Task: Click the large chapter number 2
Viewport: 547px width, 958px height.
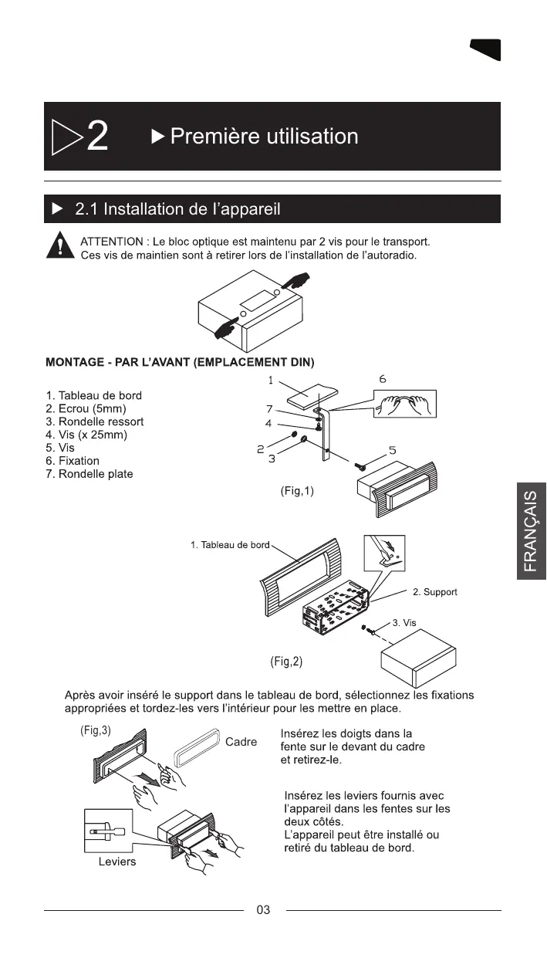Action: click(x=98, y=138)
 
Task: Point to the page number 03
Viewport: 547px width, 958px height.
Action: click(x=263, y=910)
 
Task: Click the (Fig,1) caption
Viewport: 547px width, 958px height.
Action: click(x=297, y=491)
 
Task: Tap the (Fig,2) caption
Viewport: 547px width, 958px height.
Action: click(x=286, y=662)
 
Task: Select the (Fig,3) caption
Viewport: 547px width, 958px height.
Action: click(x=96, y=730)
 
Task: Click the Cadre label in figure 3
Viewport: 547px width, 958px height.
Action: click(x=241, y=743)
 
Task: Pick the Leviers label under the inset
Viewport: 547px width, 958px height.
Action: click(x=117, y=862)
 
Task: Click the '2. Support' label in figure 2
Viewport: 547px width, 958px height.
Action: click(x=435, y=592)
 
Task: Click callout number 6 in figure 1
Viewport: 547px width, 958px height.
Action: click(x=383, y=379)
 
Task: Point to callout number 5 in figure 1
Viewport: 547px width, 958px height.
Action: click(x=392, y=450)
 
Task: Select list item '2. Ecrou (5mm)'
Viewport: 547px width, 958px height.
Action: click(x=86, y=408)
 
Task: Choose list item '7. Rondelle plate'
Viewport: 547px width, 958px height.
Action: click(x=89, y=474)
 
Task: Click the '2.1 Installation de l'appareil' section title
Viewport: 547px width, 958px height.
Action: click(x=177, y=209)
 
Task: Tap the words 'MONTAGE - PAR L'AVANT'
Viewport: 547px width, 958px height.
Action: click(x=108, y=362)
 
